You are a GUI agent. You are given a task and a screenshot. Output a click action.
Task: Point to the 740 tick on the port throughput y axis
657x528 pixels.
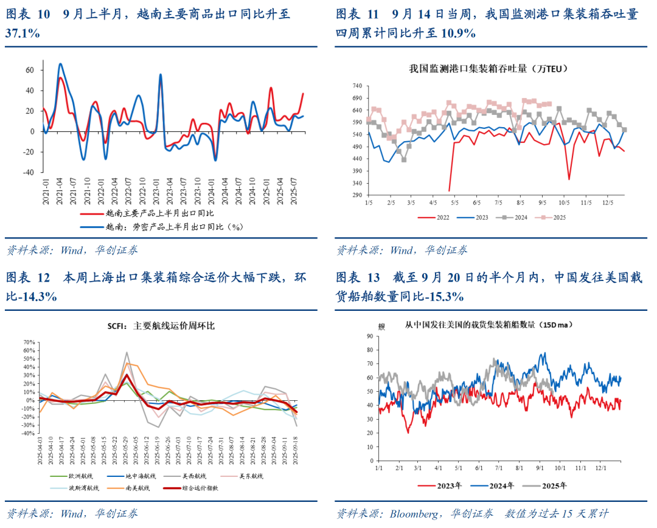(x=357, y=86)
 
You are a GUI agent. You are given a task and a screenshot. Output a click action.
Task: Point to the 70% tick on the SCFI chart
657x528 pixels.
(x=29, y=342)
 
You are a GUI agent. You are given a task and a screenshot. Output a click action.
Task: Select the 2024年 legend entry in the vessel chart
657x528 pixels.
(x=501, y=485)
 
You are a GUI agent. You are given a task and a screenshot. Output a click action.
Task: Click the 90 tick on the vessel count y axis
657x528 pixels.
(x=369, y=336)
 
